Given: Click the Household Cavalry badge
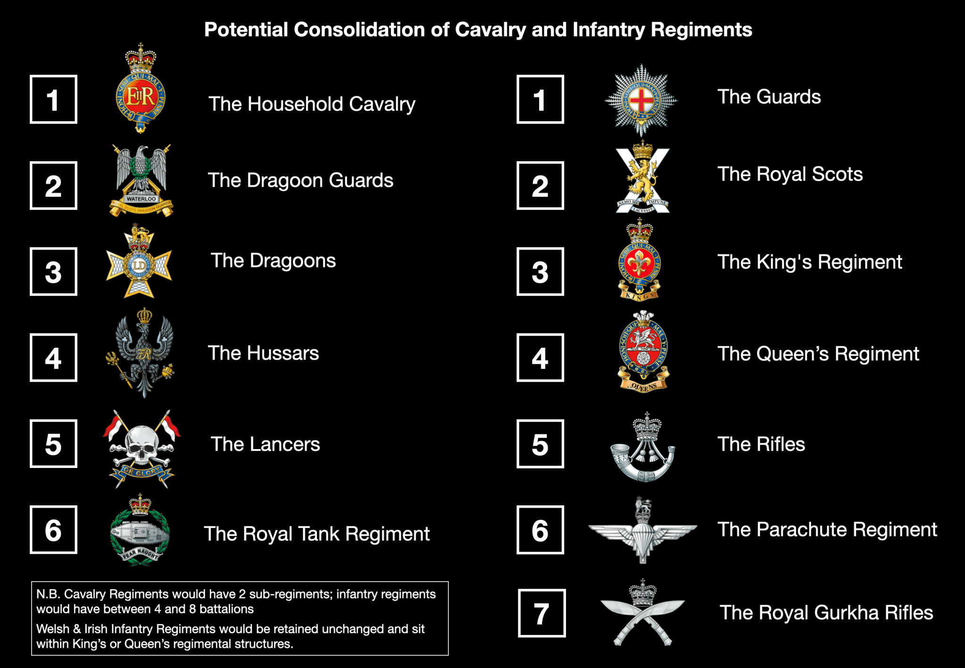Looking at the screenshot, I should (140, 90).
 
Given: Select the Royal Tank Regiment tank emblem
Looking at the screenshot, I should (139, 533).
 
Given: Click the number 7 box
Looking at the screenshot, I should (541, 613).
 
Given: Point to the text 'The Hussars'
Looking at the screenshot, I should (263, 353).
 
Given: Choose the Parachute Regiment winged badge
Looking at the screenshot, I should (642, 531).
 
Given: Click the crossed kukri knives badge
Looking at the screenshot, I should (642, 613).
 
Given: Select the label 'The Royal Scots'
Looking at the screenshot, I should (790, 174).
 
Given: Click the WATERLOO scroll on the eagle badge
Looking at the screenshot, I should (141, 199).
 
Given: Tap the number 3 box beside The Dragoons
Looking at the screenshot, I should (53, 272).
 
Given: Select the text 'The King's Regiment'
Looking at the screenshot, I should (810, 262).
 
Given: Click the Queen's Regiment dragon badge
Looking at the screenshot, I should (643, 351).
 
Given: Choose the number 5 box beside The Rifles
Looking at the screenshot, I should (540, 444).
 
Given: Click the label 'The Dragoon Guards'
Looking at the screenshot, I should (300, 180).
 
